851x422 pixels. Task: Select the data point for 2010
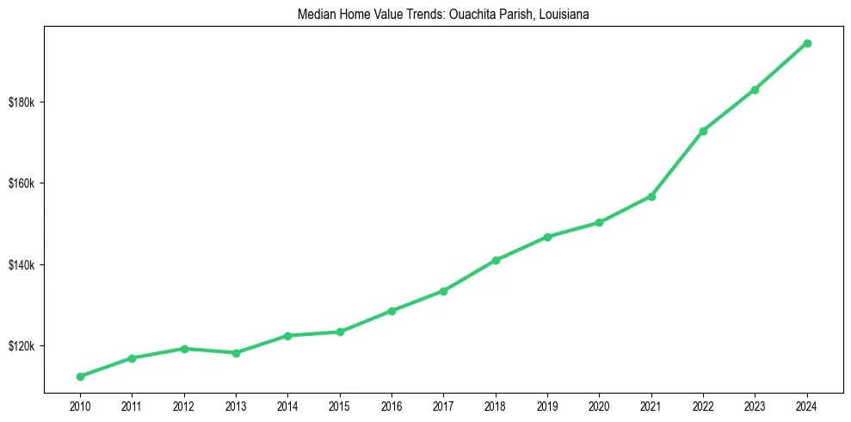(x=80, y=376)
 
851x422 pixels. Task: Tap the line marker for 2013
(x=236, y=352)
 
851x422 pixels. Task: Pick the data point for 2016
(x=392, y=311)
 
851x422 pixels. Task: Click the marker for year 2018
(x=496, y=260)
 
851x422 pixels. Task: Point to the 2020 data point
(x=599, y=222)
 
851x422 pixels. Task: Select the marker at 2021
(x=651, y=196)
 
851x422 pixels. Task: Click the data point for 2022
(x=703, y=131)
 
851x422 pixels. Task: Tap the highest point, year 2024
(x=807, y=43)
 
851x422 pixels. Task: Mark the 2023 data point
(x=755, y=90)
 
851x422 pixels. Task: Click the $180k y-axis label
(x=22, y=102)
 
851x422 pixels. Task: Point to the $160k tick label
(x=22, y=183)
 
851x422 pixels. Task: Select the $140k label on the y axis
(x=22, y=264)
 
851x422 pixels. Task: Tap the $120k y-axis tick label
(x=22, y=346)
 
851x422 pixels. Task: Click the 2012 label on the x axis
(x=184, y=405)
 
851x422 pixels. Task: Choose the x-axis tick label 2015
(x=340, y=405)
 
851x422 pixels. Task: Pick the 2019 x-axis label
(x=547, y=405)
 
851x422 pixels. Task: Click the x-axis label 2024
(x=807, y=405)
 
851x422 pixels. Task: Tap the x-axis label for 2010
(x=80, y=405)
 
